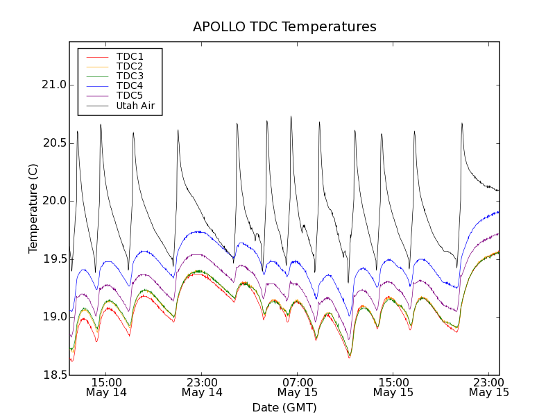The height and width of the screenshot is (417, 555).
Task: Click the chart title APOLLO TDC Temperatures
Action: pos(284,27)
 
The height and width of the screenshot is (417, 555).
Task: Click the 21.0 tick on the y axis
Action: pos(53,85)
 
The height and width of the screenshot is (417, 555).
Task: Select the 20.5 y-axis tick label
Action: pos(53,143)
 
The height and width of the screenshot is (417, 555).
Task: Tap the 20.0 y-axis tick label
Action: pos(53,201)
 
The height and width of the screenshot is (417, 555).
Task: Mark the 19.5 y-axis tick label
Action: pos(53,259)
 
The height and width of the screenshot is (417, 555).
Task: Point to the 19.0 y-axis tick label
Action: pos(53,317)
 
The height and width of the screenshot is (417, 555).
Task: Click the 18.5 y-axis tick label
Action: pos(53,375)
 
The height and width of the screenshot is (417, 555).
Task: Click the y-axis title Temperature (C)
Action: pos(33,208)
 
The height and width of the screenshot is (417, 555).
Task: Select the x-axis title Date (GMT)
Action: pos(284,407)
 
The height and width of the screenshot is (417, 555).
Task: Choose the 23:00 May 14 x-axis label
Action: pos(202,387)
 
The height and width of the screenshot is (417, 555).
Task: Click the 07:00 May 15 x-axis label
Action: pos(298,387)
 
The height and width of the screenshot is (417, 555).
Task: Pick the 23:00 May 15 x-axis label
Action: pos(488,387)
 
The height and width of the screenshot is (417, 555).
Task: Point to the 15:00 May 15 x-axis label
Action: pos(393,387)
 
